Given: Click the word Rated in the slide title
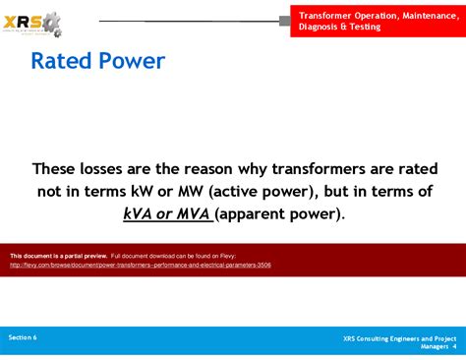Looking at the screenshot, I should (62, 62).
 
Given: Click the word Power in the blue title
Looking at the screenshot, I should (132, 62).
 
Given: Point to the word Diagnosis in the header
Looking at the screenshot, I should (325, 28).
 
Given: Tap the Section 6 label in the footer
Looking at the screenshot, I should (23, 337).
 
